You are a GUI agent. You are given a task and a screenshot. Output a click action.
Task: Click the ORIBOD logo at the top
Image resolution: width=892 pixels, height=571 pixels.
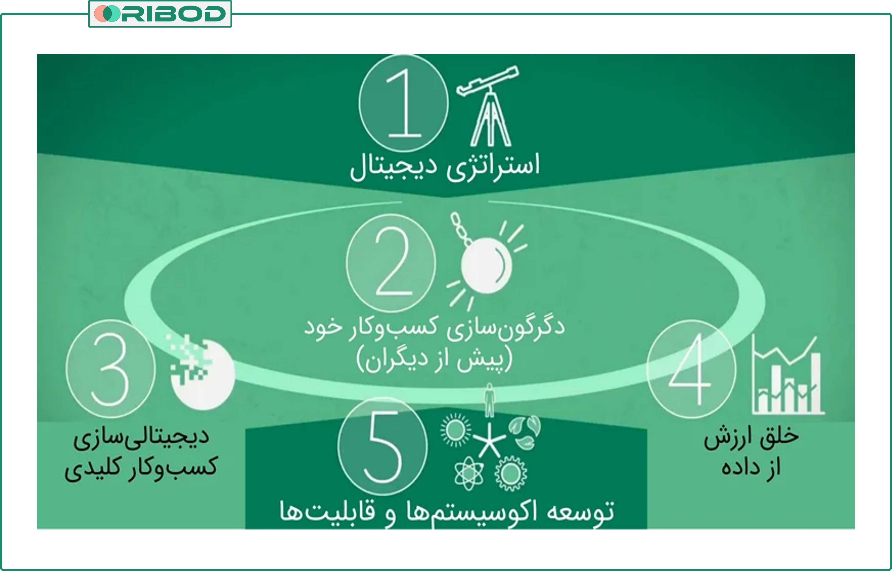pyautogui.click(x=160, y=14)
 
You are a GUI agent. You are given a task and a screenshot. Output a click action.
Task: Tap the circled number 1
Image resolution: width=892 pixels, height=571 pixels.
pyautogui.click(x=403, y=103)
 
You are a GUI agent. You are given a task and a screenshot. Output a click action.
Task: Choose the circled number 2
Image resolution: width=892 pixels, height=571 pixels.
pyautogui.click(x=391, y=263)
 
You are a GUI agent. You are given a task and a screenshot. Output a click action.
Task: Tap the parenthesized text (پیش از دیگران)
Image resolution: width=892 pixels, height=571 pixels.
pyautogui.click(x=434, y=360)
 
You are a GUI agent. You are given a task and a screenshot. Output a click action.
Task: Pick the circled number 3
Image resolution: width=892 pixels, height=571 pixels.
pyautogui.click(x=110, y=369)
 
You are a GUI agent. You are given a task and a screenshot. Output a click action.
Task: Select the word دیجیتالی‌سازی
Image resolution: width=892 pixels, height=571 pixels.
pyautogui.click(x=141, y=437)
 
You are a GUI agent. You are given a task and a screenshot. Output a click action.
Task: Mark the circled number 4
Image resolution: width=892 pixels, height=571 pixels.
pyautogui.click(x=691, y=369)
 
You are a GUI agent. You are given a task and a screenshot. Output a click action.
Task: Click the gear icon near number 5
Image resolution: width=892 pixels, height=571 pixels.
pyautogui.click(x=511, y=473)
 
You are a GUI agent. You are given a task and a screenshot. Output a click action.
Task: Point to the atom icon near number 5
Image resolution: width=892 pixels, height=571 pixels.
pyautogui.click(x=469, y=473)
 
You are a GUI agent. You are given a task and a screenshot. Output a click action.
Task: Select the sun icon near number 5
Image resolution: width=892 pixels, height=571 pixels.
pyautogui.click(x=455, y=430)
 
